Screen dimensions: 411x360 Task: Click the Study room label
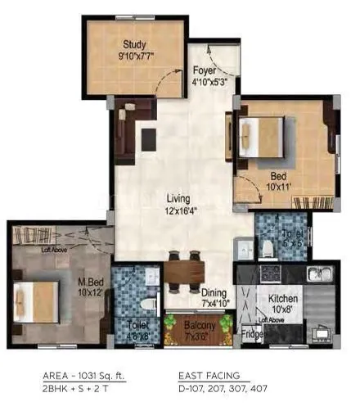[x=134, y=44]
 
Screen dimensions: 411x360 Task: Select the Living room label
[x=178, y=198]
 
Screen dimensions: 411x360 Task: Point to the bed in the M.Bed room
[x=37, y=301]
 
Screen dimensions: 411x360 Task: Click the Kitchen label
[x=284, y=299]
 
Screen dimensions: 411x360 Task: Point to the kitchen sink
[x=317, y=273]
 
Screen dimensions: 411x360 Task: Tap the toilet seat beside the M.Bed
[x=149, y=280]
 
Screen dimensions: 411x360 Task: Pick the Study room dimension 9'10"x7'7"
[x=134, y=57]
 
